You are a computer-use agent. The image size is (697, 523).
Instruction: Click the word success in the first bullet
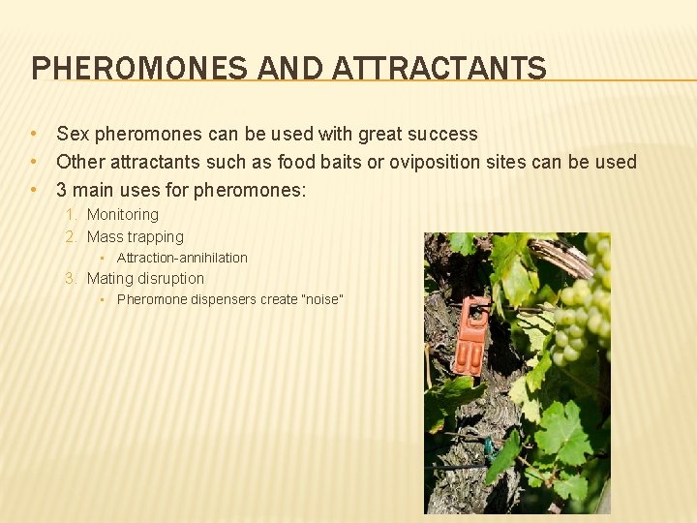(x=443, y=135)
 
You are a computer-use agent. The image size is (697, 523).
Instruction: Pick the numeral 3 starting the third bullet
(x=62, y=190)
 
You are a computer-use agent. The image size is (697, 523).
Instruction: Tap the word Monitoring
(x=122, y=215)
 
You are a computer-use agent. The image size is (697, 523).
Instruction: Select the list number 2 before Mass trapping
(x=71, y=237)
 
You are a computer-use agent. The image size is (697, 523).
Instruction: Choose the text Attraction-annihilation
(x=182, y=258)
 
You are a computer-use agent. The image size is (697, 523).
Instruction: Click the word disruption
(x=170, y=279)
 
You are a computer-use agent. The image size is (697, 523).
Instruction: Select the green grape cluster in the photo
(x=578, y=300)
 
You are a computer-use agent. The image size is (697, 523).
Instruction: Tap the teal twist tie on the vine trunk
(x=490, y=447)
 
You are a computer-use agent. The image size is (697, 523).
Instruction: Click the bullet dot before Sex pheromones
(x=34, y=135)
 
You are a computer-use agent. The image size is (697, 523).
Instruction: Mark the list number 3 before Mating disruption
(x=71, y=279)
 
